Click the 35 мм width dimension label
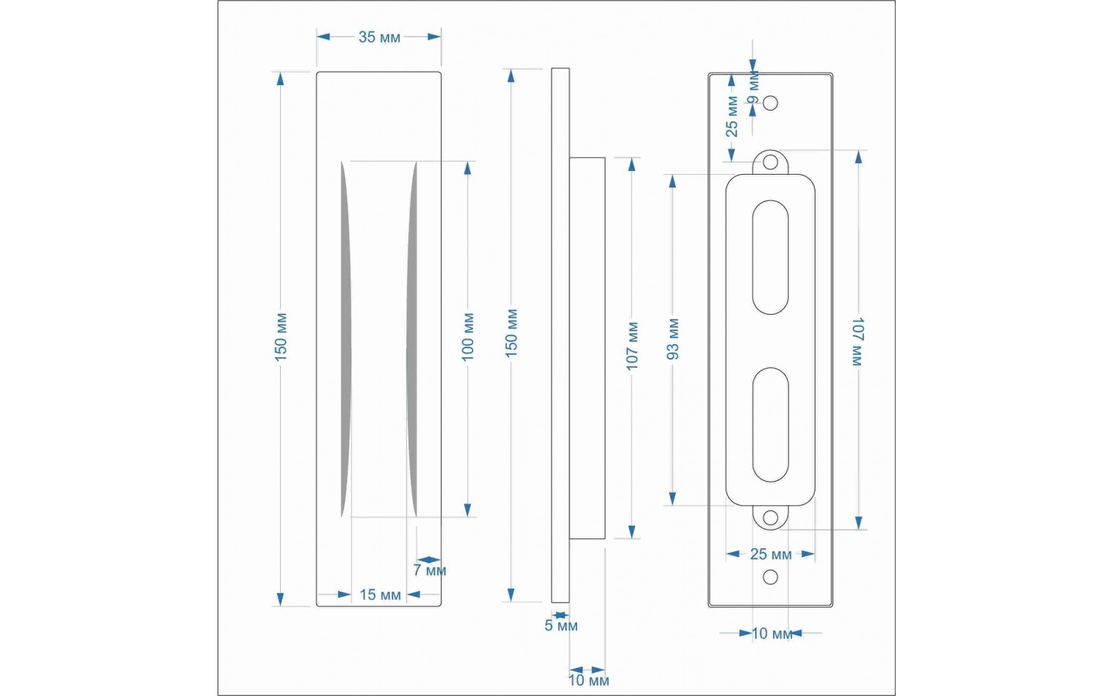click(379, 37)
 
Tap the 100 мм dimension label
click(468, 337)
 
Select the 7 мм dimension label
click(429, 570)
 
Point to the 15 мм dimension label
click(380, 595)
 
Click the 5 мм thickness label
click(561, 626)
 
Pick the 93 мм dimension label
click(673, 339)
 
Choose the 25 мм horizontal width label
click(771, 554)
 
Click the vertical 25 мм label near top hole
click(732, 116)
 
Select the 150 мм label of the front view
click(281, 337)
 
